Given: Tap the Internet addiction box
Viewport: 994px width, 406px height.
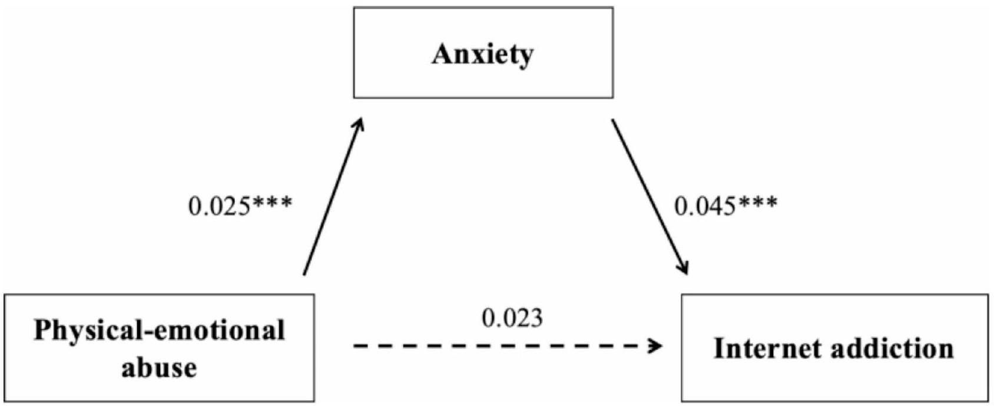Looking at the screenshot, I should point(834,377).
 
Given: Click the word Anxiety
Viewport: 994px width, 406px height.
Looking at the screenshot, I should point(483,55).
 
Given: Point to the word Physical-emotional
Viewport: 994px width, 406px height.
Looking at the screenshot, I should point(159,330).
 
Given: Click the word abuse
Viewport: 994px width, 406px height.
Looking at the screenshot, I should point(159,367).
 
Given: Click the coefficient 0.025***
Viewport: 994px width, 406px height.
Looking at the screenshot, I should point(240,206).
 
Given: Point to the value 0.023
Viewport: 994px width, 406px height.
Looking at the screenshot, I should point(512,318).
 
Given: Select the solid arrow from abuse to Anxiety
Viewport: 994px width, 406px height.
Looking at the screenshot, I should point(333,197).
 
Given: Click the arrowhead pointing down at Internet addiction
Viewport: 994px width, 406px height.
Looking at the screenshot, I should point(683,268).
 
